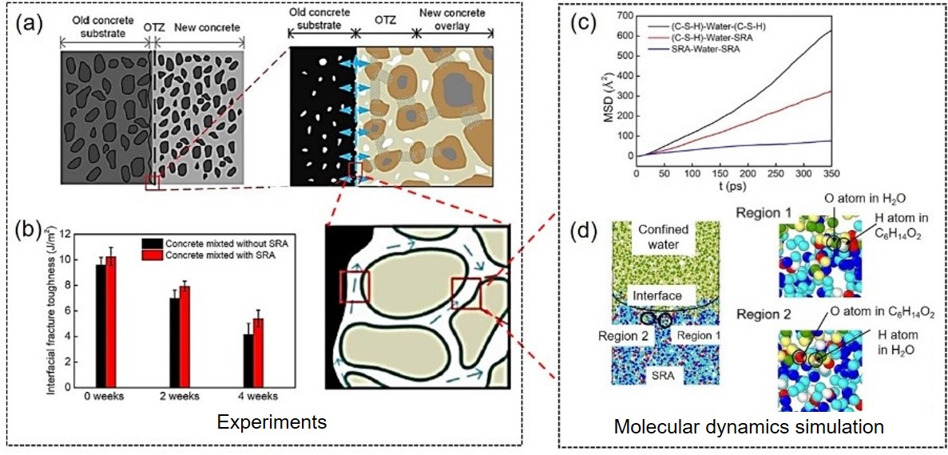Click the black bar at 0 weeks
coord(101,324)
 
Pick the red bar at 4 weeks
coord(257,351)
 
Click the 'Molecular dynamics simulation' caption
coord(748,427)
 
